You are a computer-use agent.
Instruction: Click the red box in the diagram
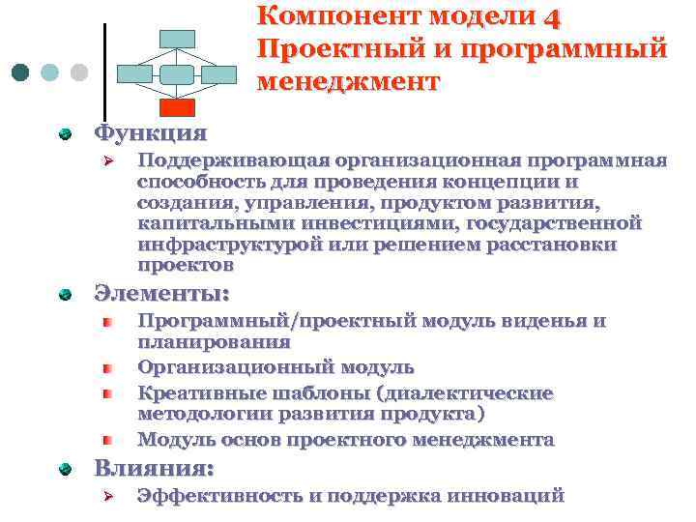[x=177, y=106]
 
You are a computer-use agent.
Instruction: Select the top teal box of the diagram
[x=177, y=39]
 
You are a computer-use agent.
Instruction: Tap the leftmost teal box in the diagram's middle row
[x=133, y=73]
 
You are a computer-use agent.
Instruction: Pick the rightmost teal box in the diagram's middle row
[x=219, y=73]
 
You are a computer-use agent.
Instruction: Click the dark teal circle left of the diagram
[x=20, y=73]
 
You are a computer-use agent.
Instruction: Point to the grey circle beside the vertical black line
[x=79, y=73]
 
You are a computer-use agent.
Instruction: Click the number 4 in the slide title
[x=552, y=16]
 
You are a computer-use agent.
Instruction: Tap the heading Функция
[x=149, y=131]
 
